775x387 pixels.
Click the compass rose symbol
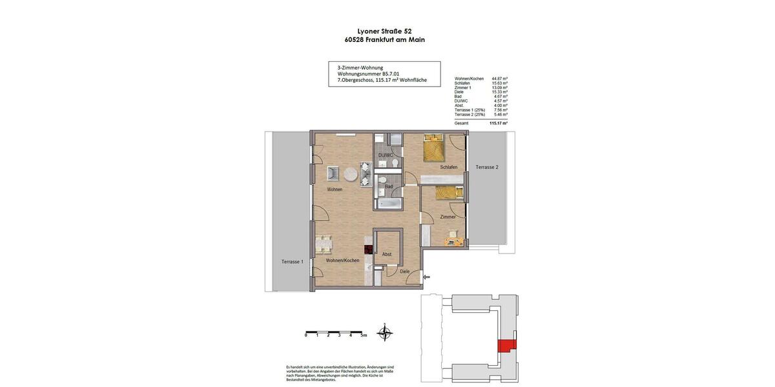[x=385, y=333]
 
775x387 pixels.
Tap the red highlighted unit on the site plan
[x=508, y=346]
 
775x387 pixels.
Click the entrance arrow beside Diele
[x=426, y=277]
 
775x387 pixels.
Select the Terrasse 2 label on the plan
[x=487, y=167]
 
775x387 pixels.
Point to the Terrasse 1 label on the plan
[x=292, y=261]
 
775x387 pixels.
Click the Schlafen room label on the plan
[x=449, y=167]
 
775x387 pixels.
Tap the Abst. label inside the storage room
[x=387, y=254]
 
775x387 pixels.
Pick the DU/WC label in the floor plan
[x=386, y=155]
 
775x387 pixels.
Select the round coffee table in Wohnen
[x=351, y=174]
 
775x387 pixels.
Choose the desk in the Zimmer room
[x=454, y=242]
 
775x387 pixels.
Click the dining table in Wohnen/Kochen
[x=324, y=245]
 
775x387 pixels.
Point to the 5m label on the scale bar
[x=364, y=335]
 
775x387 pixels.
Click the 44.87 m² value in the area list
[x=499, y=79]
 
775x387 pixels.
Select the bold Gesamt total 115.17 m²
[x=499, y=123]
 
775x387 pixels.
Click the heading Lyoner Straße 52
[x=384, y=30]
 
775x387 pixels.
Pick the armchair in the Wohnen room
[x=333, y=173]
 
